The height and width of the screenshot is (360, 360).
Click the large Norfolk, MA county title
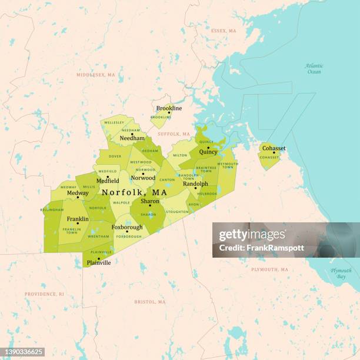pyautogui.click(x=134, y=192)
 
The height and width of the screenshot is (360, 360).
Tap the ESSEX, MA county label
pyautogui.click(x=224, y=31)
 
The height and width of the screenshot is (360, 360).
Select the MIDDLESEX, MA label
pyautogui.click(x=95, y=75)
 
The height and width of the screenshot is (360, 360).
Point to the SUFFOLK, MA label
pyautogui.click(x=174, y=134)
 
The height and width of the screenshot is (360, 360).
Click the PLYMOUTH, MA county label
pyautogui.click(x=269, y=269)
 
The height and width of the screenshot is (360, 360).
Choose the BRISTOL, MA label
pyautogui.click(x=150, y=302)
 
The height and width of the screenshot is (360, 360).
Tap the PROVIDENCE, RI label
pyautogui.click(x=45, y=294)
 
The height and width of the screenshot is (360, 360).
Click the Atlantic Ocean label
pyautogui.click(x=314, y=68)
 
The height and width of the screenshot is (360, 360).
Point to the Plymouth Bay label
pyautogui.click(x=341, y=273)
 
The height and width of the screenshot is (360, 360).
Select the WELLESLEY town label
pyautogui.click(x=114, y=124)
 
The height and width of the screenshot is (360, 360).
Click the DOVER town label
pyautogui.click(x=115, y=156)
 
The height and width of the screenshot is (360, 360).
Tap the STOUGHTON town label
pyautogui.click(x=177, y=211)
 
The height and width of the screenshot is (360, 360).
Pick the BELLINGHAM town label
pyautogui.click(x=52, y=209)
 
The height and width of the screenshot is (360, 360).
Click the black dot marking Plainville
pyautogui.click(x=98, y=258)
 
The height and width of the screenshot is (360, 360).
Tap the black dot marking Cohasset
pyautogui.click(x=274, y=153)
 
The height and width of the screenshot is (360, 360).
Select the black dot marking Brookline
pyautogui.click(x=169, y=113)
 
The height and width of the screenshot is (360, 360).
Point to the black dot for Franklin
pyautogui.click(x=78, y=224)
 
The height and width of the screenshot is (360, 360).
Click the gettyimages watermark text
pyautogui.click(x=252, y=235)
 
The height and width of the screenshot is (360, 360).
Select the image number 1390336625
pyautogui.click(x=24, y=352)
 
